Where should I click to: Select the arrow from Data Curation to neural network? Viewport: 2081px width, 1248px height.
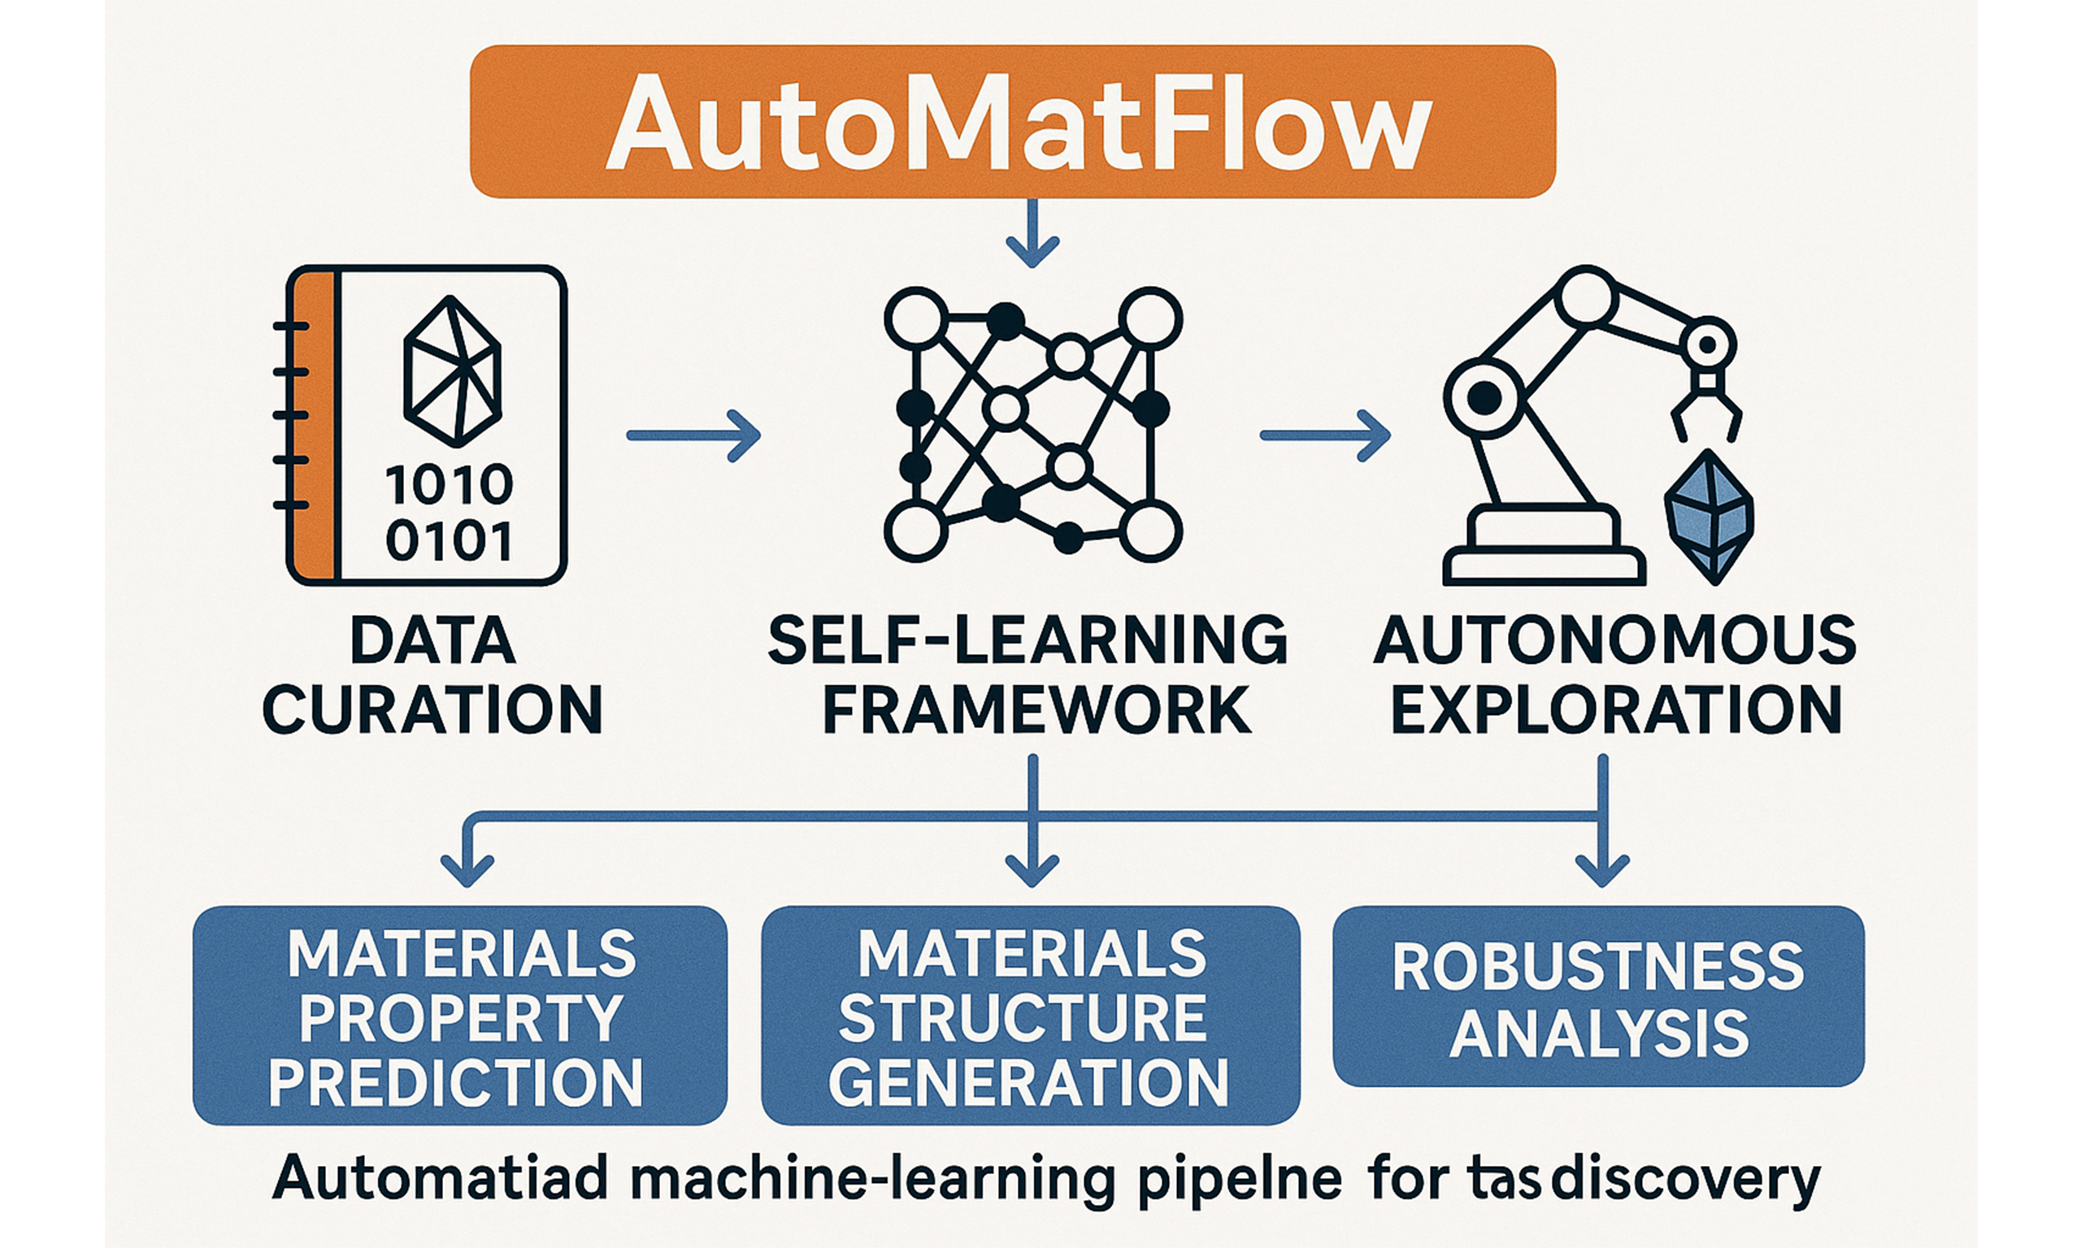[x=693, y=435]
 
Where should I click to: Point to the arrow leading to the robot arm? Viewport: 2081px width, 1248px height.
[x=1324, y=435]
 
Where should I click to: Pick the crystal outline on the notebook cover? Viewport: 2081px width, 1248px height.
[x=453, y=370]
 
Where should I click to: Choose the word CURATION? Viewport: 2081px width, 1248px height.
[x=433, y=709]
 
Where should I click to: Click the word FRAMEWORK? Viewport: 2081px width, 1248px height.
[x=1036, y=709]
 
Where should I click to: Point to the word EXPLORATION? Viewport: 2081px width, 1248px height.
[x=1616, y=709]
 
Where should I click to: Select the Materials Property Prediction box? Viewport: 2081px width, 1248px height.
[x=459, y=1015]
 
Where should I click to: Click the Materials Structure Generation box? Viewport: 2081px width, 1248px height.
[x=1031, y=1015]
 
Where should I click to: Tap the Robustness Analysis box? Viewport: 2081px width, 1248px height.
[x=1598, y=997]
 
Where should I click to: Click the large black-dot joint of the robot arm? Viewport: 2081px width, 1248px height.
[x=1484, y=398]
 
